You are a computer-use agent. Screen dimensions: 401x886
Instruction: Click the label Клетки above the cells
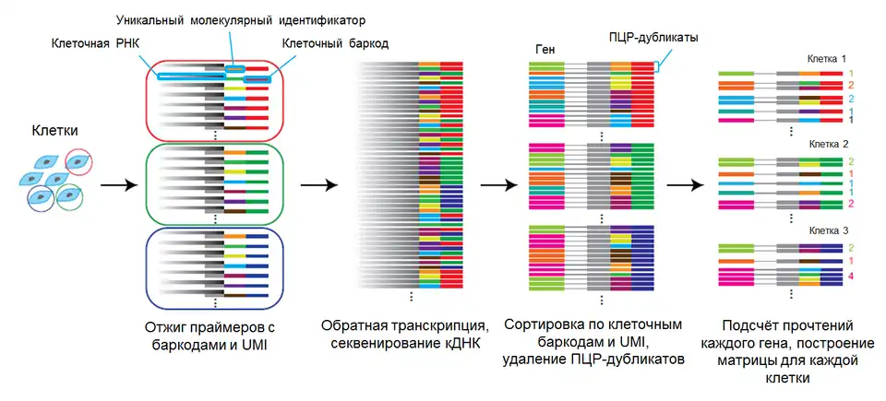click(53, 132)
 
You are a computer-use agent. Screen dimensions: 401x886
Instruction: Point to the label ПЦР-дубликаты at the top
click(653, 37)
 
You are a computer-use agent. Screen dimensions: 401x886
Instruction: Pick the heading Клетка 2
click(827, 146)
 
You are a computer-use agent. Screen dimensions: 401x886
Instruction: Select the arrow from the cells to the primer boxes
click(113, 186)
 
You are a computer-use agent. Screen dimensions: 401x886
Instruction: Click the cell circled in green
click(71, 197)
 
